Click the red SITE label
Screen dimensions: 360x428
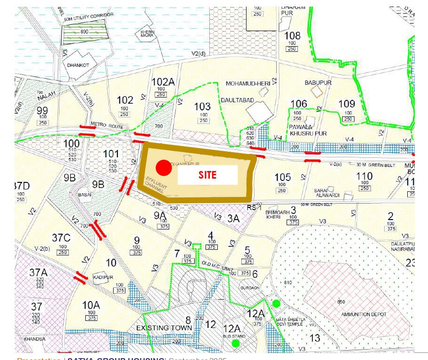207,175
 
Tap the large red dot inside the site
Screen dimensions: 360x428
163,167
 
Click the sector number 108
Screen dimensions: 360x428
292,36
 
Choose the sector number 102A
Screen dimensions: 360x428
163,82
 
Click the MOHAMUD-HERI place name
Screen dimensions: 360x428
247,83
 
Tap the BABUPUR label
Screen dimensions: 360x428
318,82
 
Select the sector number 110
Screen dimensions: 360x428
364,176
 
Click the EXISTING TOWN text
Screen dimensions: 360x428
164,327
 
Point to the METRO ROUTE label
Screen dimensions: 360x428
107,127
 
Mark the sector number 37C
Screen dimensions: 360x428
61,238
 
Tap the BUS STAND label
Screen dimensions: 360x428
231,336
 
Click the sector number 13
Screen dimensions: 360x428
314,337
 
